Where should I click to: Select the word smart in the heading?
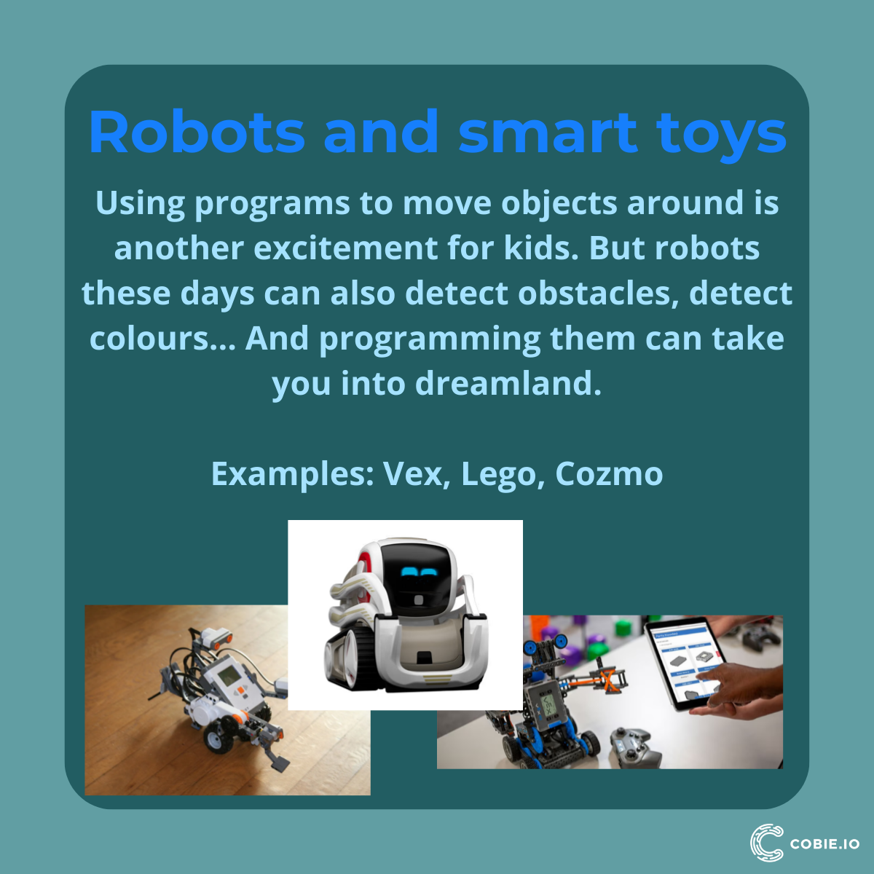[548, 133]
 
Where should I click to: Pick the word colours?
[149, 339]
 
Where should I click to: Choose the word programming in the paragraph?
[430, 339]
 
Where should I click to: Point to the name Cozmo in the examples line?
[609, 474]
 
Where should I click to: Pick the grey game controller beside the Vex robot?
[634, 747]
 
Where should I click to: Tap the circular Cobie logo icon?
[766, 843]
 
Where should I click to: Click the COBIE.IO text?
[824, 844]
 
